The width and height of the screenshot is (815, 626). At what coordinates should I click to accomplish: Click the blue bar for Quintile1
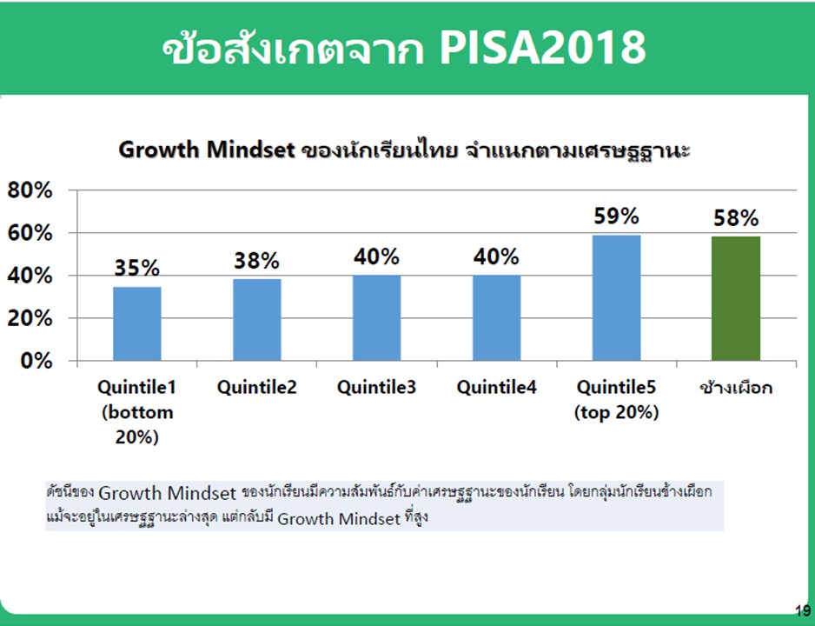(x=137, y=323)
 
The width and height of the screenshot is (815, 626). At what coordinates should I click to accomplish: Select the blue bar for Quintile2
(x=257, y=320)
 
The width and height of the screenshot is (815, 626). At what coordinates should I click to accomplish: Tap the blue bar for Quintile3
(x=377, y=317)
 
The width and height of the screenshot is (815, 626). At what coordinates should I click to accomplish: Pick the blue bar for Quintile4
(x=496, y=317)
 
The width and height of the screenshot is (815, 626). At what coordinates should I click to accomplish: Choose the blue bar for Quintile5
(x=616, y=298)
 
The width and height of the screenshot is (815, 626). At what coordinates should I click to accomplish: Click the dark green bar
(x=736, y=298)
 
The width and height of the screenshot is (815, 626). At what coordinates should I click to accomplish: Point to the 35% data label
(x=136, y=269)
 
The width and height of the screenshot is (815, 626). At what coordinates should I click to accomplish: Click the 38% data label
(x=257, y=261)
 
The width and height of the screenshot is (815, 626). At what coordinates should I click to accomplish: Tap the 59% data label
(x=616, y=216)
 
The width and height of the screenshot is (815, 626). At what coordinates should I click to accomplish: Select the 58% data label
(x=736, y=218)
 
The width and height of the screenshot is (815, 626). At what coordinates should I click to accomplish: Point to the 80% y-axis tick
(x=30, y=190)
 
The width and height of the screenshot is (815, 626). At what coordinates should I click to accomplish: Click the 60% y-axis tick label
(x=30, y=234)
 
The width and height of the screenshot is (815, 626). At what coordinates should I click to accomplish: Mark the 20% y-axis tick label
(x=30, y=318)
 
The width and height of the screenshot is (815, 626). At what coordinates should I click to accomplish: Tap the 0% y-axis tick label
(x=36, y=361)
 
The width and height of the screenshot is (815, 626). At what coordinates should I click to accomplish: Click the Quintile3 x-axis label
(x=377, y=388)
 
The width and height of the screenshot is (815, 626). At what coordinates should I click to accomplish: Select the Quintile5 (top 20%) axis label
(x=616, y=399)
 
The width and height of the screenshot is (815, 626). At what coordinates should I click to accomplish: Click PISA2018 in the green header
(x=543, y=48)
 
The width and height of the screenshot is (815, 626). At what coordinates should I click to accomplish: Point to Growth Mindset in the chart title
(x=207, y=150)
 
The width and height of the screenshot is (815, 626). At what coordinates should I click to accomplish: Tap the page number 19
(x=803, y=610)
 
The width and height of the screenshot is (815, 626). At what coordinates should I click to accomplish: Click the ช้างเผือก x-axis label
(x=736, y=387)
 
